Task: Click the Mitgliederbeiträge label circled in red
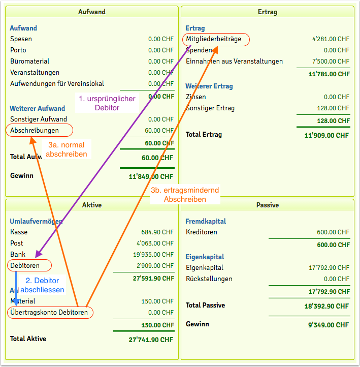click(217, 39)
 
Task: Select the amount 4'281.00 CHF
click(331, 39)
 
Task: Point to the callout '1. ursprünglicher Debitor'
click(107, 103)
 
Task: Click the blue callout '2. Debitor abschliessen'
click(42, 285)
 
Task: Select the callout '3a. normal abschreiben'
click(67, 149)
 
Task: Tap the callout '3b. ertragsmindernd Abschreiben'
click(185, 195)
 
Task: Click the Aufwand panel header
click(92, 12)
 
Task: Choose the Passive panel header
click(268, 205)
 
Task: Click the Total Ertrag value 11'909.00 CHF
click(326, 135)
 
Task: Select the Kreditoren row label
click(202, 232)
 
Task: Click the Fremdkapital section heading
click(206, 222)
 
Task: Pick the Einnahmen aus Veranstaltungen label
click(234, 62)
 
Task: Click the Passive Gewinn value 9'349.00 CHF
click(330, 324)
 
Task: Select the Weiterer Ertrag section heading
click(209, 86)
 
